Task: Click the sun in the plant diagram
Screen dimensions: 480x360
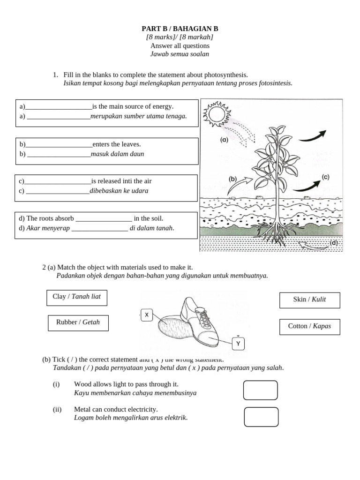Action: tap(217, 114)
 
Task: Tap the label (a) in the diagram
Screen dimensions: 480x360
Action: tap(224, 140)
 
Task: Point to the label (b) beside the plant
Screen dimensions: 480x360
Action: tap(233, 179)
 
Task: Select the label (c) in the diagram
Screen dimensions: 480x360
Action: tap(325, 177)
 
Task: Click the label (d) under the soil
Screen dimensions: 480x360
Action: tap(334, 243)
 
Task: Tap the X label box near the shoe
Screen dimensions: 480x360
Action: tap(147, 315)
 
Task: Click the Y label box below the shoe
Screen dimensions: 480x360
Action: tap(238, 344)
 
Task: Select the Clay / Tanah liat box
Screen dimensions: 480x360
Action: tap(77, 297)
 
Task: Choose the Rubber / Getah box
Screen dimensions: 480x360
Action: tap(78, 322)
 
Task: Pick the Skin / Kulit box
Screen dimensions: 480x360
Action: tap(309, 300)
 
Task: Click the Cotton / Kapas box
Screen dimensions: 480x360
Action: tap(309, 327)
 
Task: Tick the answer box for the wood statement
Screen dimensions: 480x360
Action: tap(261, 390)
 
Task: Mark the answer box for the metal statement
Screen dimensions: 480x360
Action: tap(261, 417)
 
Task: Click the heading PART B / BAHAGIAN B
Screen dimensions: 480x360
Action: tap(180, 29)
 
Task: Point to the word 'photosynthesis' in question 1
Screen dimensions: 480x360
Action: tap(227, 75)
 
